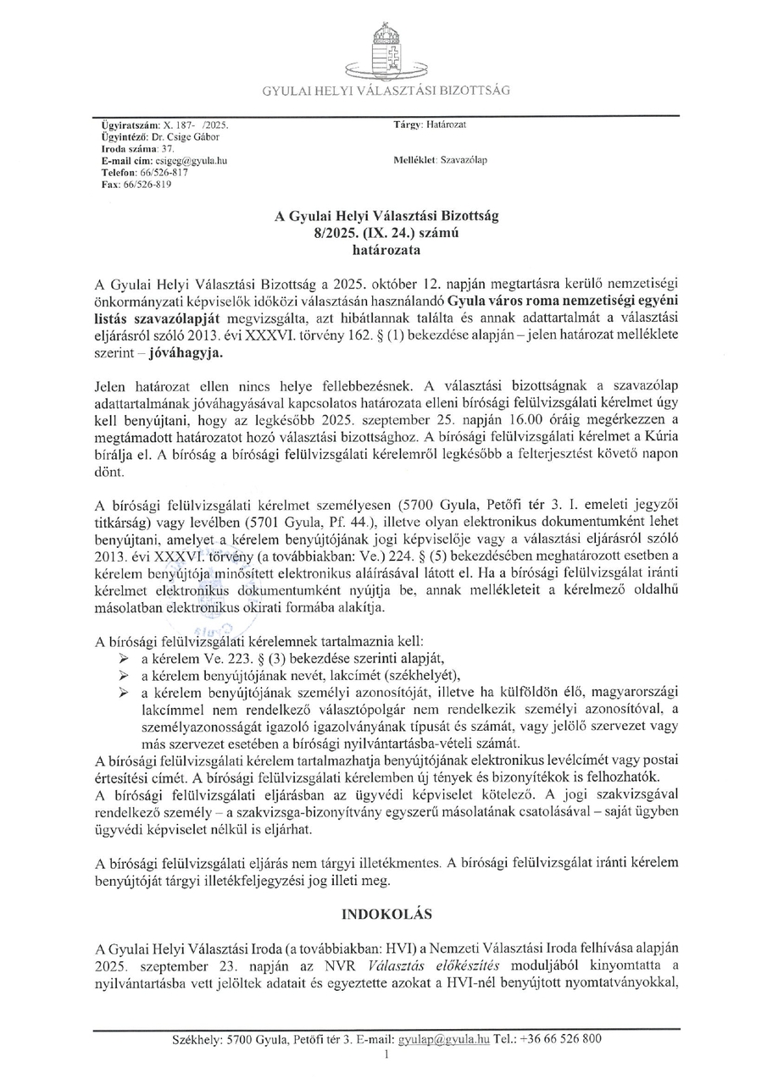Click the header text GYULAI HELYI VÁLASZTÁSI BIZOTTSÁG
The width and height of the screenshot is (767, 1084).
386,91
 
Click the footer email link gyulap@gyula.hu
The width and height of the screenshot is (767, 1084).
445,1039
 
